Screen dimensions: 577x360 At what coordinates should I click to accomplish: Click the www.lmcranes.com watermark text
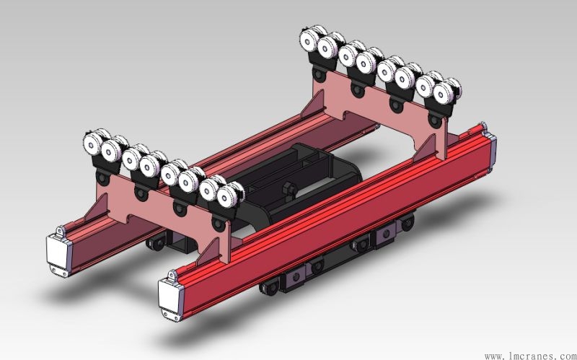click(x=530, y=356)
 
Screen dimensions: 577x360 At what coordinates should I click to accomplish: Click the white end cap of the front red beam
click(x=171, y=297)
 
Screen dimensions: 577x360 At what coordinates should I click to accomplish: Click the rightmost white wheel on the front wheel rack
click(x=227, y=197)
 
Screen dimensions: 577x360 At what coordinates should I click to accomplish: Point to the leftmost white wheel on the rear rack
click(x=309, y=38)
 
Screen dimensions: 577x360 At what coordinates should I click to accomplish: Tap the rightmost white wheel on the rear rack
click(x=444, y=92)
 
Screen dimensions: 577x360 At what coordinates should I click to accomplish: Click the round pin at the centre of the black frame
click(x=290, y=190)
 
